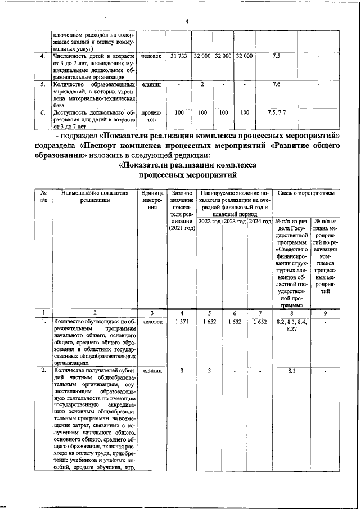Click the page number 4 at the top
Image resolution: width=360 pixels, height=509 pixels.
187,21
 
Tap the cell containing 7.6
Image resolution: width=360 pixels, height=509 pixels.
276,84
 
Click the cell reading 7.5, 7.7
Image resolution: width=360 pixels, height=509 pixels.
276,112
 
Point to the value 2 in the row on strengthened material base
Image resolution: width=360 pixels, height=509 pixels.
201,84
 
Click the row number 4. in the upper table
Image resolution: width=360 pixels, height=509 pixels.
42,57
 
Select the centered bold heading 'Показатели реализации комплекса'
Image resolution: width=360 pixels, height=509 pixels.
188,165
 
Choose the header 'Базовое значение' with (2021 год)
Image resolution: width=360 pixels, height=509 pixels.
179,211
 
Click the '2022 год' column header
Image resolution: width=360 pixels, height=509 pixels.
208,222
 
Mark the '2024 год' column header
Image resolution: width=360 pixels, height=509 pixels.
259,222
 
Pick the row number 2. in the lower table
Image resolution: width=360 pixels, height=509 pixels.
43,371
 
